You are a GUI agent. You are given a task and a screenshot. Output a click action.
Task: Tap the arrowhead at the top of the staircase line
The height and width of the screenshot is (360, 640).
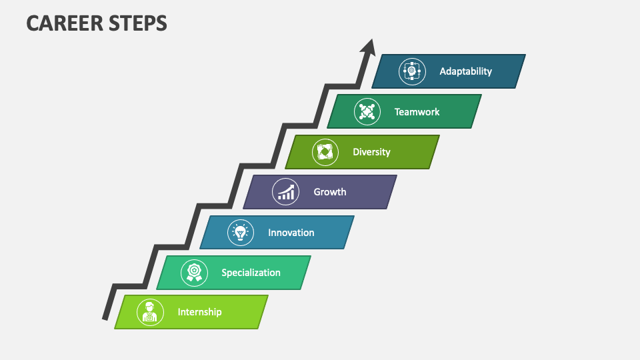point(367,47)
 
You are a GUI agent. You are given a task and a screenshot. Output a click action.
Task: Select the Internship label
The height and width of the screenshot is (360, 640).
point(199,312)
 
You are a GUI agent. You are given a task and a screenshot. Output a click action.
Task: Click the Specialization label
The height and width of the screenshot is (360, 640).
point(251,272)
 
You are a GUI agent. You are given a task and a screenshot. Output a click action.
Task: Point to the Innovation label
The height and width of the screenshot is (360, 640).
point(291,233)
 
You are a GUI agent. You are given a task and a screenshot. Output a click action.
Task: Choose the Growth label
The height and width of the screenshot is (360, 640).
point(330,192)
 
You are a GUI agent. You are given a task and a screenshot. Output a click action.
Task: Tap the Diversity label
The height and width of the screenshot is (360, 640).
point(371,152)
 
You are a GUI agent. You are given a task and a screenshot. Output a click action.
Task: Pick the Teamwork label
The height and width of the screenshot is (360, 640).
point(417,112)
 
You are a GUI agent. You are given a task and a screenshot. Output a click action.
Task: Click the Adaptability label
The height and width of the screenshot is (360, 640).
point(465,71)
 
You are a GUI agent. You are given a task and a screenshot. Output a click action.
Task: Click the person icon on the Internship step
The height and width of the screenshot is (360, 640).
point(150,312)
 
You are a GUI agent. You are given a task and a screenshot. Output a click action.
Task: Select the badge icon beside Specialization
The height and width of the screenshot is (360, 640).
point(194,272)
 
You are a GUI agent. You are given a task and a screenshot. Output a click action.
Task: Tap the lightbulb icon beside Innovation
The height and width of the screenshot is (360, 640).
point(240,233)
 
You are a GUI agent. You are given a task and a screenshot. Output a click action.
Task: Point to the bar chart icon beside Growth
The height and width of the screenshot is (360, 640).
point(285,192)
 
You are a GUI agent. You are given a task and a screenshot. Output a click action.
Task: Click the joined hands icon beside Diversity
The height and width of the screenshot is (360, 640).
point(325,152)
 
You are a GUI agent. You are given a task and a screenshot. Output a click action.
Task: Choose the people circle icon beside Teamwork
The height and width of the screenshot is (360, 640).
point(367,112)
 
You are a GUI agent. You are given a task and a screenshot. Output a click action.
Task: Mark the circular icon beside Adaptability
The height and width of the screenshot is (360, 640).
point(412,71)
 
